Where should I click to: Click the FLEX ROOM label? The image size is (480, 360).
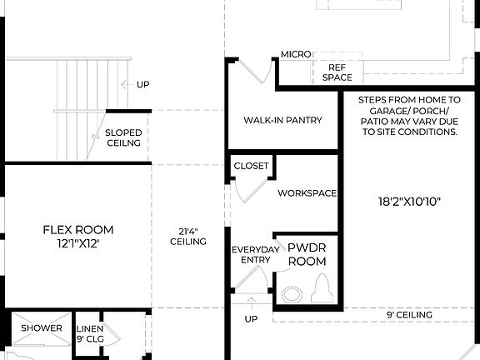(x=78, y=229)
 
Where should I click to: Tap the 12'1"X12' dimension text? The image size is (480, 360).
(x=78, y=243)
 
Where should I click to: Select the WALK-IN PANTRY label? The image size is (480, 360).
(x=282, y=120)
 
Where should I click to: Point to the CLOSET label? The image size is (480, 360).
(x=251, y=166)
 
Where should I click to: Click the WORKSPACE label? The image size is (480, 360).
(x=307, y=193)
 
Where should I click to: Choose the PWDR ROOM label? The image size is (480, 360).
(x=306, y=254)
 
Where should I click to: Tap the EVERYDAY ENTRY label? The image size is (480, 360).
(x=251, y=254)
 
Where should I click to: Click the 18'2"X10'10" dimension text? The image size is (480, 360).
(x=408, y=202)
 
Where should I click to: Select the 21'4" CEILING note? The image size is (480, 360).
(x=188, y=236)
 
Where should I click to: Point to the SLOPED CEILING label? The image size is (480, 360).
(x=123, y=137)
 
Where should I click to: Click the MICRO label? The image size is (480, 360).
(x=296, y=54)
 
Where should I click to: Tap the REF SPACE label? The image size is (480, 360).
(x=337, y=72)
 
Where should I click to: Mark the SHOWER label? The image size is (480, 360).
(x=42, y=328)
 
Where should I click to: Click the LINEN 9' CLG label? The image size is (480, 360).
(x=90, y=333)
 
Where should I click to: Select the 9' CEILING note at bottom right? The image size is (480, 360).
(x=408, y=315)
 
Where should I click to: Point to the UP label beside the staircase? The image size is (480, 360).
(x=143, y=84)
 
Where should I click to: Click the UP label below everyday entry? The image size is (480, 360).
(x=251, y=319)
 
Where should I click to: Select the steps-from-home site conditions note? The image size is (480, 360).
(x=408, y=115)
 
